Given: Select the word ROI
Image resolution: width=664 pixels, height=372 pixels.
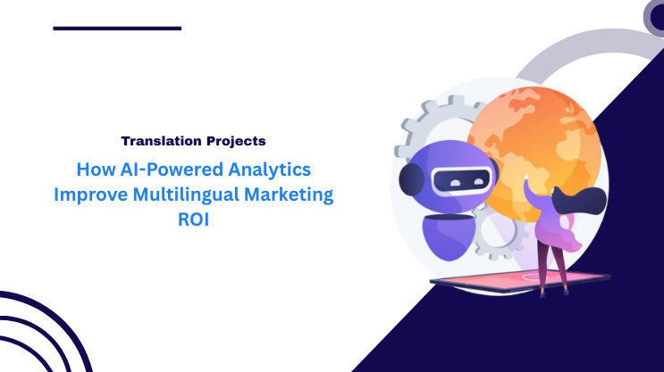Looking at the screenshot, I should [x=204, y=220].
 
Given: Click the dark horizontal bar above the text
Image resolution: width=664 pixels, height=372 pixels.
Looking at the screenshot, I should [x=117, y=28].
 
